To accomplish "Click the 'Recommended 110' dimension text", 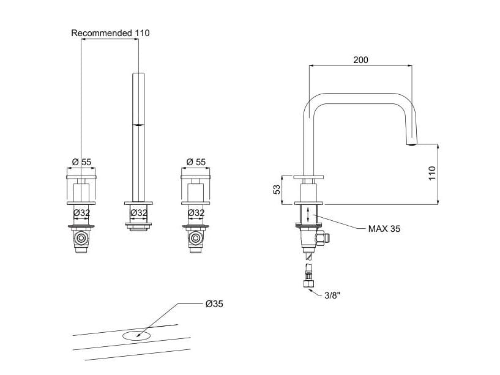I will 110,33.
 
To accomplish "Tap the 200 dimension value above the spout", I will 361,60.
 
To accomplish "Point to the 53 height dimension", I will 276,190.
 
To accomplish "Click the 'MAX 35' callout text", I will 384,229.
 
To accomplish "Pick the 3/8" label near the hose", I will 332,295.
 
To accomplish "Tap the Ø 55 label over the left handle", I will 81,162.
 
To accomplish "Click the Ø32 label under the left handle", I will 81,213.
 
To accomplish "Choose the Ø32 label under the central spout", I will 139,213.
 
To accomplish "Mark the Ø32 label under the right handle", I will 196,213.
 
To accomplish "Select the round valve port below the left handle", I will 80,237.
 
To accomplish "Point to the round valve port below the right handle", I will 196,237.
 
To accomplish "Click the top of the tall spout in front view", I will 139,74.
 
